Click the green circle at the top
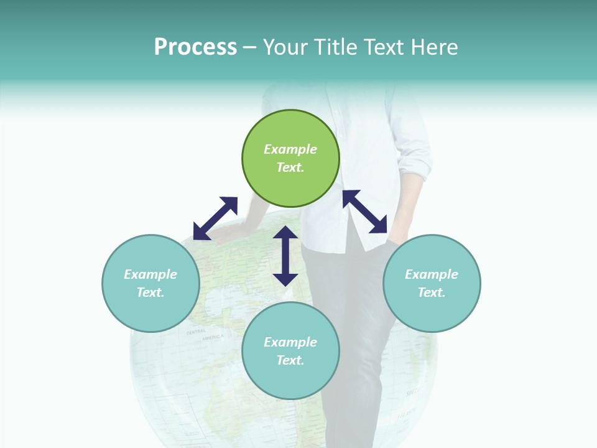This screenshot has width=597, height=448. [x=290, y=159]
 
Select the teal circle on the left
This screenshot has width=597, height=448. [x=150, y=283]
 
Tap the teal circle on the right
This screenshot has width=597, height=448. [x=432, y=283]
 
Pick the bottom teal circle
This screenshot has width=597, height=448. [x=290, y=351]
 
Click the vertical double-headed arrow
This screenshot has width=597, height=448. [x=285, y=256]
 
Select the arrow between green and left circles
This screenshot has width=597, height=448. [x=215, y=218]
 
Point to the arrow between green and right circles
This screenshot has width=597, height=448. [x=365, y=212]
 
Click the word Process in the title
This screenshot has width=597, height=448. [x=195, y=47]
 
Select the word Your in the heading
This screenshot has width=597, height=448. [x=287, y=47]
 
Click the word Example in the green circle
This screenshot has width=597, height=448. [x=290, y=149]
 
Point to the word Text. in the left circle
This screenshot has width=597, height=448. [x=150, y=292]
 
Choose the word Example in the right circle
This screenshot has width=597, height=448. [x=432, y=274]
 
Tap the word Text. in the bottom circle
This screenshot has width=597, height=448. [x=290, y=360]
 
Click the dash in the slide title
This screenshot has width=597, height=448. [x=250, y=48]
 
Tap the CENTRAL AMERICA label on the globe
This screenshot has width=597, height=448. [x=205, y=335]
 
